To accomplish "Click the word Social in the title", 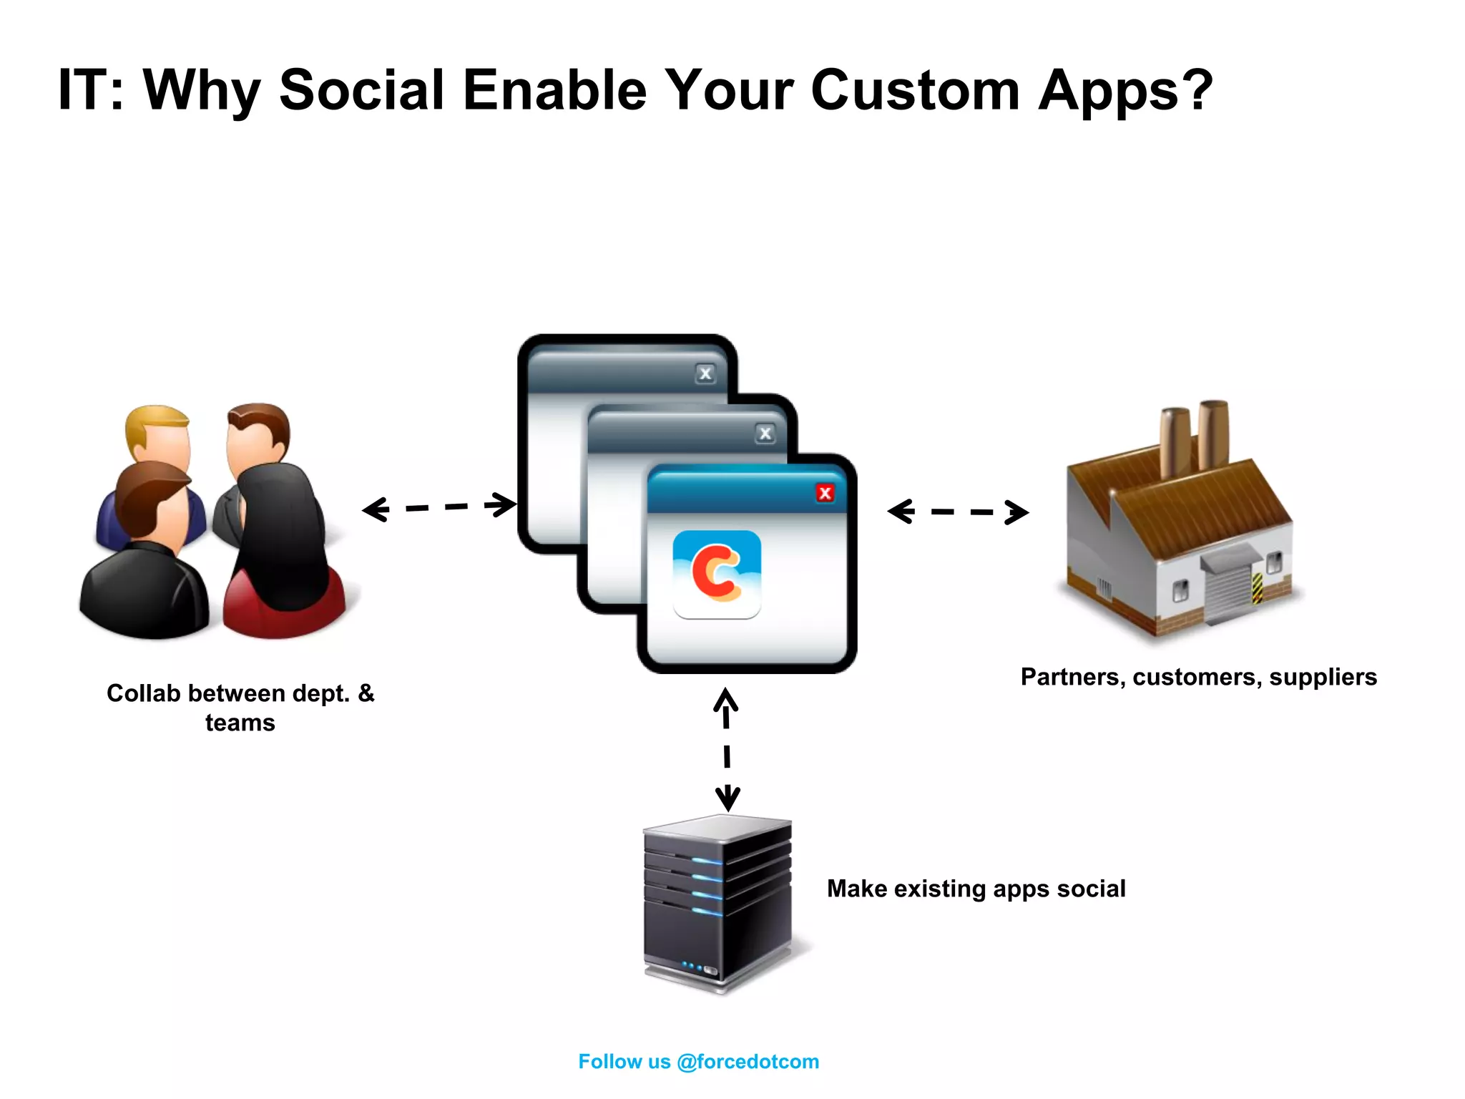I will pyautogui.click(x=362, y=90).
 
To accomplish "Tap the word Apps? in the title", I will pyautogui.click(x=1125, y=92).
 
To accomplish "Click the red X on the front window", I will pyautogui.click(x=825, y=493).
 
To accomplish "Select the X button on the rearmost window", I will pyautogui.click(x=705, y=373).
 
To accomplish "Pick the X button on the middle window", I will pyautogui.click(x=765, y=434).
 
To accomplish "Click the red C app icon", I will pyautogui.click(x=717, y=574).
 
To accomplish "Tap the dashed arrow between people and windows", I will pyautogui.click(x=438, y=507).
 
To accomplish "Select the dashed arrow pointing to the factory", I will pyautogui.click(x=958, y=512).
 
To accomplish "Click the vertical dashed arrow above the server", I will pyautogui.click(x=727, y=749).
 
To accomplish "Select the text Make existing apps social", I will pyautogui.click(x=976, y=889).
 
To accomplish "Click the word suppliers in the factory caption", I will pyautogui.click(x=1323, y=677).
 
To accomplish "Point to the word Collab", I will pyautogui.click(x=143, y=693).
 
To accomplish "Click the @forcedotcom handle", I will pyautogui.click(x=748, y=1061).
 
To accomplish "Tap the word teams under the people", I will pyautogui.click(x=240, y=723).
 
